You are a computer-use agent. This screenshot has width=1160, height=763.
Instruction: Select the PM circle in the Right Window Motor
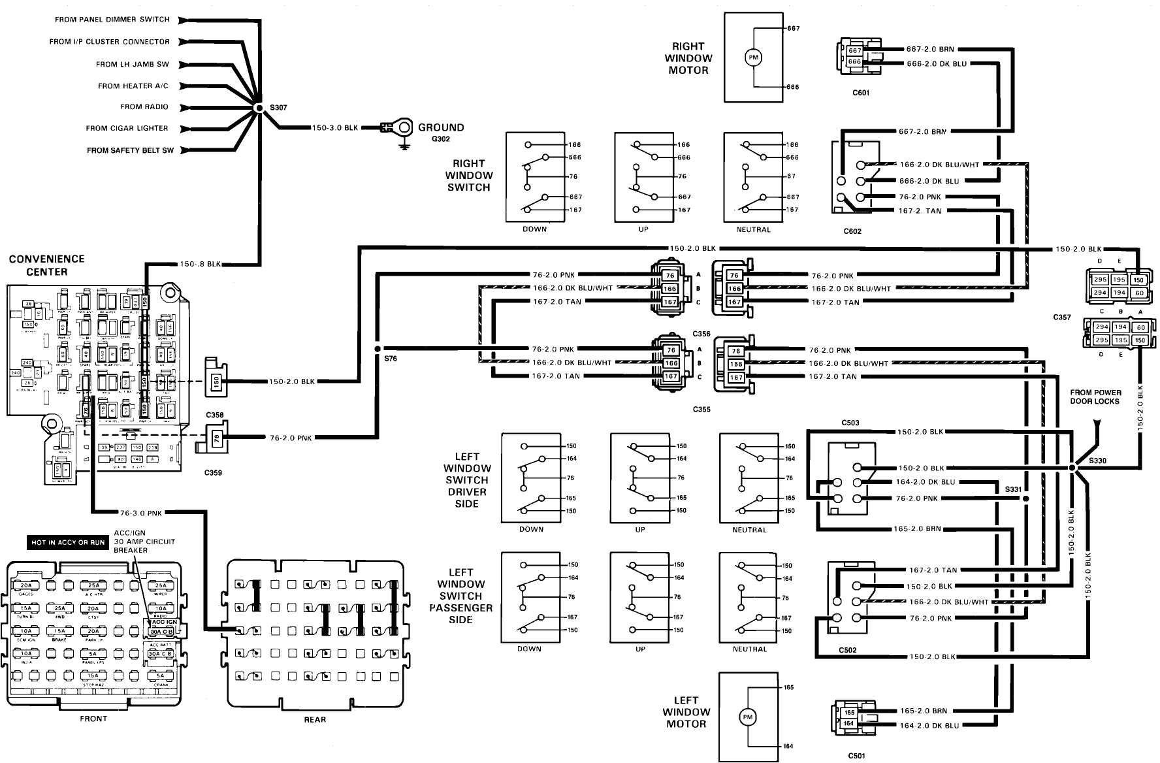coord(754,58)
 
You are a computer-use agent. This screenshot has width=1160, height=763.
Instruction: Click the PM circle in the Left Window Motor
coord(747,717)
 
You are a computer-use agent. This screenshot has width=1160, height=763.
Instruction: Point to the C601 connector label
coord(861,93)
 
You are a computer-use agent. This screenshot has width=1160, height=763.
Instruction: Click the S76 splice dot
coord(378,349)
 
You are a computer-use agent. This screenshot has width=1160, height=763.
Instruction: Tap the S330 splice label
coord(1098,461)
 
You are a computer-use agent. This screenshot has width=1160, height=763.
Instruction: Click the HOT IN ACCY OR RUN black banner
coord(68,543)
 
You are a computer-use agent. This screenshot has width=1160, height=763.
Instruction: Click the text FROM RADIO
coord(144,106)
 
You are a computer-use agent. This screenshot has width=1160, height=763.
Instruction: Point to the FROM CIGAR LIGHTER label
coord(127,128)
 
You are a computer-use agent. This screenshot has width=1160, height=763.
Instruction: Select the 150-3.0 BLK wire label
coord(335,128)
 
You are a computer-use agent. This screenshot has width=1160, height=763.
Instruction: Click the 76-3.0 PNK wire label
coord(140,513)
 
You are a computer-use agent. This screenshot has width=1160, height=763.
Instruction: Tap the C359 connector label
coord(214,472)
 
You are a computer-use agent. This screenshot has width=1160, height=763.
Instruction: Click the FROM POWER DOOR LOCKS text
coord(1095,397)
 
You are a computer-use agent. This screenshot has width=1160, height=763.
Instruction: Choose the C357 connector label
coord(1062,317)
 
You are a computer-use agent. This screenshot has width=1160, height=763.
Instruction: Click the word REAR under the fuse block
coord(315,719)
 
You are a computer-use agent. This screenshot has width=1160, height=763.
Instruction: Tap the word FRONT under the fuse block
coord(93,719)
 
